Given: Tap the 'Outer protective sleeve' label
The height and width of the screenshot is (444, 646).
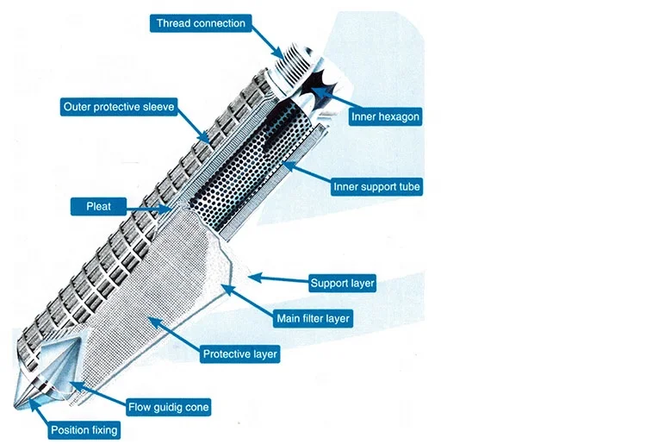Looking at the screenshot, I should [x=120, y=108].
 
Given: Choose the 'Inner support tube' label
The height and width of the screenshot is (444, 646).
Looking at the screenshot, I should [x=378, y=186].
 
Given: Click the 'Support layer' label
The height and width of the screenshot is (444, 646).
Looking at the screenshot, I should [x=341, y=283].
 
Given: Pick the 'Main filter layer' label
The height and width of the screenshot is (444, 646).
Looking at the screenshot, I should [x=313, y=318].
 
